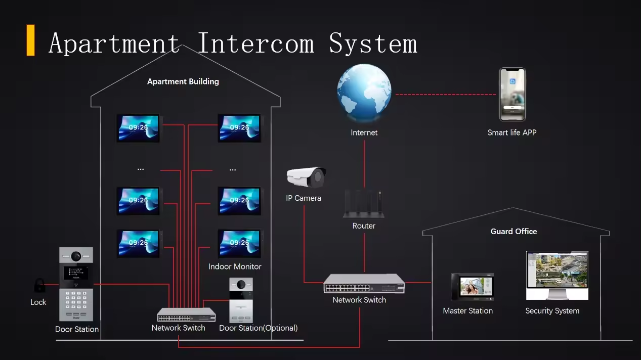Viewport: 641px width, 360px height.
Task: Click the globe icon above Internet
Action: tap(364, 93)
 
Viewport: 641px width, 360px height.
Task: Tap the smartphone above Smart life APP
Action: tap(512, 95)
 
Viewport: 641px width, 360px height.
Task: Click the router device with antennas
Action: tap(364, 204)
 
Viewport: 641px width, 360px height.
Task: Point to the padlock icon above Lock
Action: tap(39, 286)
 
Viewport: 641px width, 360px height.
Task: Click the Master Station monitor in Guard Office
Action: tap(472, 287)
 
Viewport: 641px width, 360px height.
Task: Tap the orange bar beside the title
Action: tap(31, 40)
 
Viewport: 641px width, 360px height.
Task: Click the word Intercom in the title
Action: tap(255, 43)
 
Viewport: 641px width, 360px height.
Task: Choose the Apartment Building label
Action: tap(183, 81)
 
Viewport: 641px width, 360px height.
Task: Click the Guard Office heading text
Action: tap(514, 231)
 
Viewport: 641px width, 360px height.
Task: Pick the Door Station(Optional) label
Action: tap(258, 328)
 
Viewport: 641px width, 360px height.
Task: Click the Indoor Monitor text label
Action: tap(235, 266)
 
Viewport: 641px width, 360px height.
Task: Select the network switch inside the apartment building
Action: tap(186, 315)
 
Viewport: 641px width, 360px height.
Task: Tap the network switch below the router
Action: tap(364, 284)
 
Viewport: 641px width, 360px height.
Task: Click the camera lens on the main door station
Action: tap(76, 256)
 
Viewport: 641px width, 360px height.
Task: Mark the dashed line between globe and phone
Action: tap(445, 95)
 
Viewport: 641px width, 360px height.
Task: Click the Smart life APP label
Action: tap(512, 132)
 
